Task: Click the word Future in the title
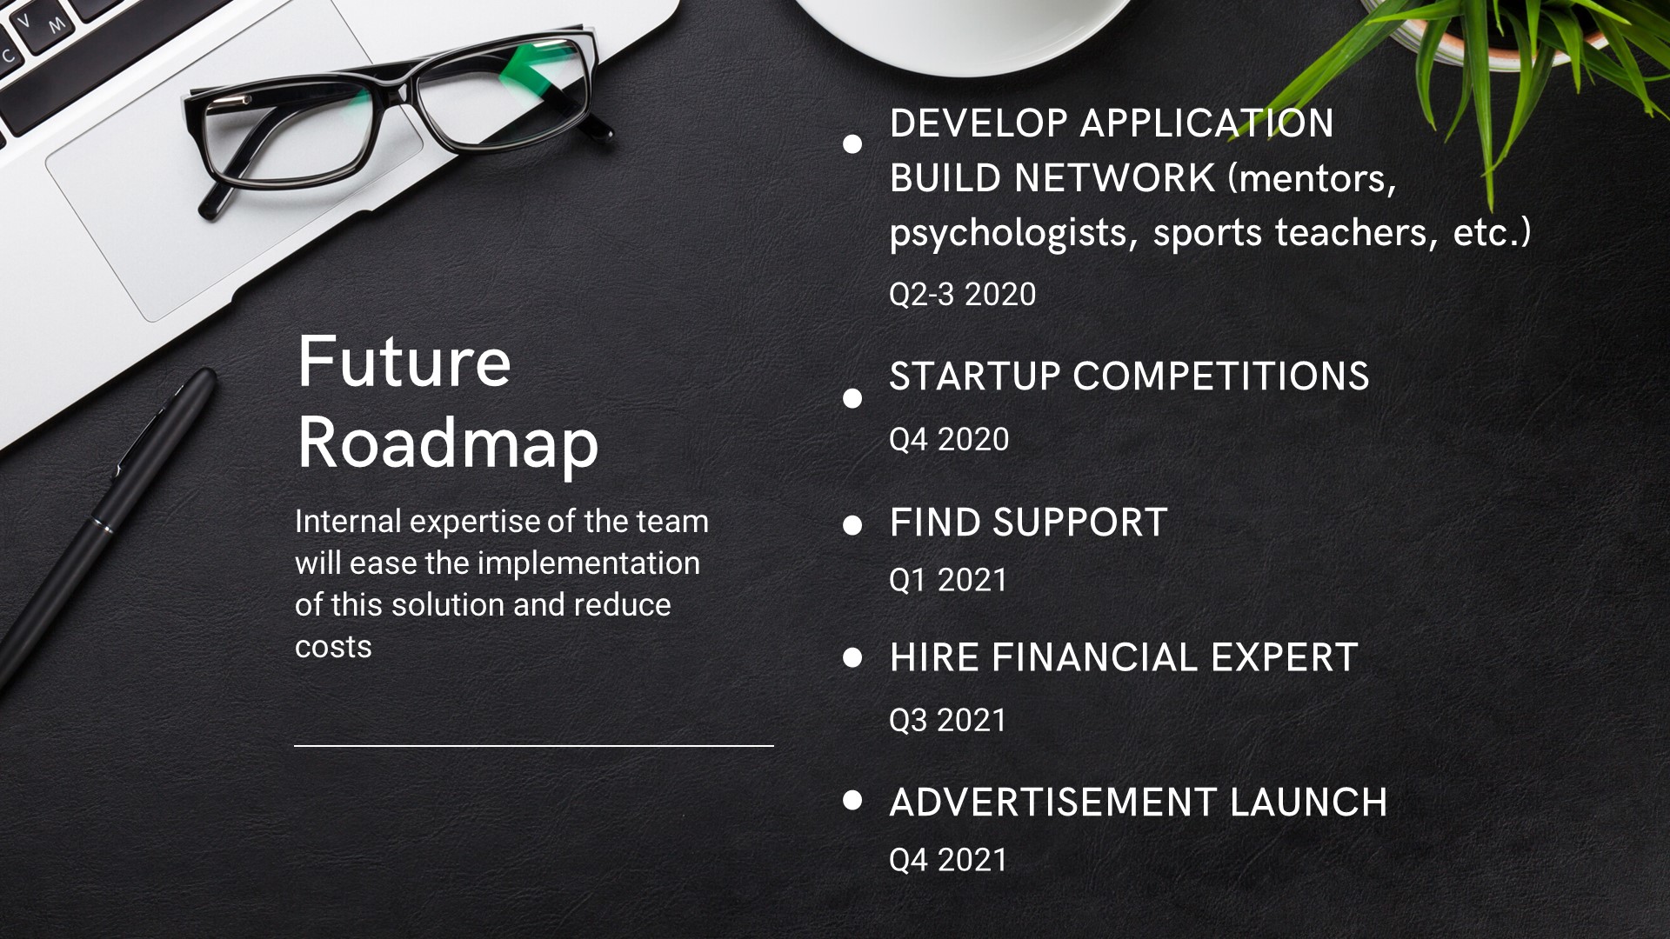404,362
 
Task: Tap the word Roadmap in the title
448,444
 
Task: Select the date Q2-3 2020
962,295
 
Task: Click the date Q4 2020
949,440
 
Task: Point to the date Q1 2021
948,580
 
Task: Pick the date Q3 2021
948,720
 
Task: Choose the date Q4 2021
948,861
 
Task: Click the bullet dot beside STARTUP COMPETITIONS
852,398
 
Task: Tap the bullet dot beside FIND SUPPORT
852,525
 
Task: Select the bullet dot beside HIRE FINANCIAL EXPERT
852,657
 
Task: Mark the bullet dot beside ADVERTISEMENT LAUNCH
852,800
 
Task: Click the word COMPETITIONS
1221,376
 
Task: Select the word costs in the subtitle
333,648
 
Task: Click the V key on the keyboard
23,20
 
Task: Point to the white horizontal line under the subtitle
534,746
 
